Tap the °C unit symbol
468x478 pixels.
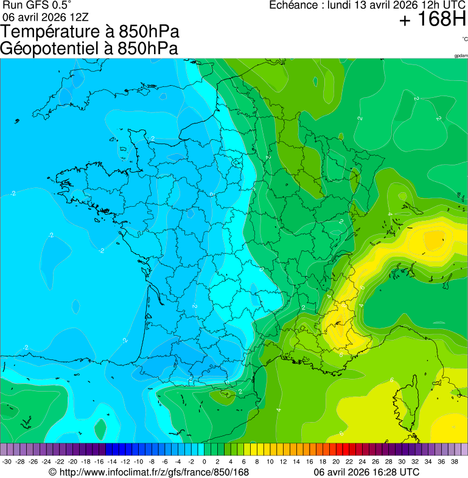[464, 39]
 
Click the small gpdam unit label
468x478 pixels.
[460, 56]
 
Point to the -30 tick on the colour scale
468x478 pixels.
[7, 462]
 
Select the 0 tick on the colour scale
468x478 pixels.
[204, 462]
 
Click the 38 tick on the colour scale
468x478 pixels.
[454, 462]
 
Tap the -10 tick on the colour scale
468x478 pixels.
[138, 462]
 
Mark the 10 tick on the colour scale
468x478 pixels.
[270, 462]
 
